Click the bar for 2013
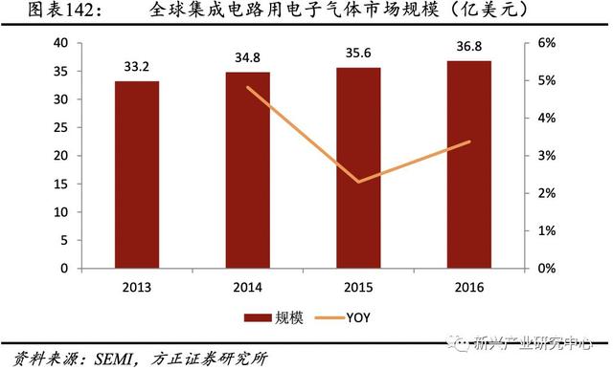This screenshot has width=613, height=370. tap(136, 174)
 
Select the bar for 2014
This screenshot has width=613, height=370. tap(247, 169)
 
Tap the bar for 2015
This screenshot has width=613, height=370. tap(357, 167)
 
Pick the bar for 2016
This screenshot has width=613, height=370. tap(469, 164)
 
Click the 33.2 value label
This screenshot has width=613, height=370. tap(136, 67)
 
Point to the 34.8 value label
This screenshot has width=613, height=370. tap(247, 58)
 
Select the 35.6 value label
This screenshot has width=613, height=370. tap(358, 54)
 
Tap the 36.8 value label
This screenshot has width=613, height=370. tap(469, 47)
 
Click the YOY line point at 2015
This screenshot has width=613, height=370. tap(357, 182)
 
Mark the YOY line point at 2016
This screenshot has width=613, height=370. tap(469, 141)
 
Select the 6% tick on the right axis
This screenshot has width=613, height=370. tap(544, 43)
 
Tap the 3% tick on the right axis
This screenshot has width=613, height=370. tap(544, 156)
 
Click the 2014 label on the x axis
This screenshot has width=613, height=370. tap(247, 286)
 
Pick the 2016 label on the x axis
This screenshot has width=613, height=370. tap(469, 286)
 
